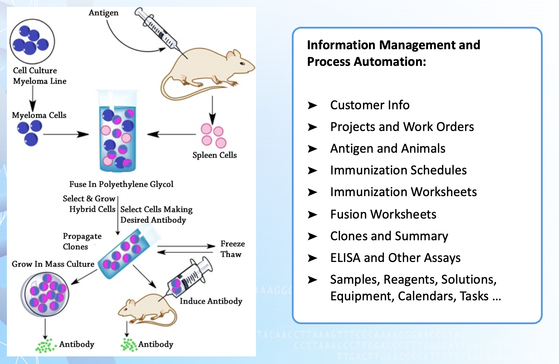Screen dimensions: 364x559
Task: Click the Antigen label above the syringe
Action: pos(104,13)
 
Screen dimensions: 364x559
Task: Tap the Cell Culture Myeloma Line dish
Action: pos(32,42)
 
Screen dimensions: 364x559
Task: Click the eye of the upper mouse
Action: pos(242,64)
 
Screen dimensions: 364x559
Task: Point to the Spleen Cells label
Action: pos(214,155)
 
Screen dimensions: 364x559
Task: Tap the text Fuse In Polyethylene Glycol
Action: pos(121,184)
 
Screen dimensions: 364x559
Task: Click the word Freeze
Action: pos(232,244)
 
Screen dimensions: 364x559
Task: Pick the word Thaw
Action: pos(231,254)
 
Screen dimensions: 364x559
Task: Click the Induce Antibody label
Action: pos(211,301)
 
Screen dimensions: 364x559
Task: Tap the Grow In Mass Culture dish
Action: pos(45,293)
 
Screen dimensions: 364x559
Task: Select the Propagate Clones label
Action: pos(82,241)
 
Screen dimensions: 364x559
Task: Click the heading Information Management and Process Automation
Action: pos(393,53)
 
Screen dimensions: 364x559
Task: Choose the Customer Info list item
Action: pos(370,105)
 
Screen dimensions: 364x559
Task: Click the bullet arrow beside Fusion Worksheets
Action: pos(312,215)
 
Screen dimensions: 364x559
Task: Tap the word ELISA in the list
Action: pos(345,258)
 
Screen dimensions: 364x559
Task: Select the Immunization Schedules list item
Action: pos(398,170)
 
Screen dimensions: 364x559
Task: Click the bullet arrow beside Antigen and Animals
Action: pos(312,149)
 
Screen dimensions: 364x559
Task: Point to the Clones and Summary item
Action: pos(389,236)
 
